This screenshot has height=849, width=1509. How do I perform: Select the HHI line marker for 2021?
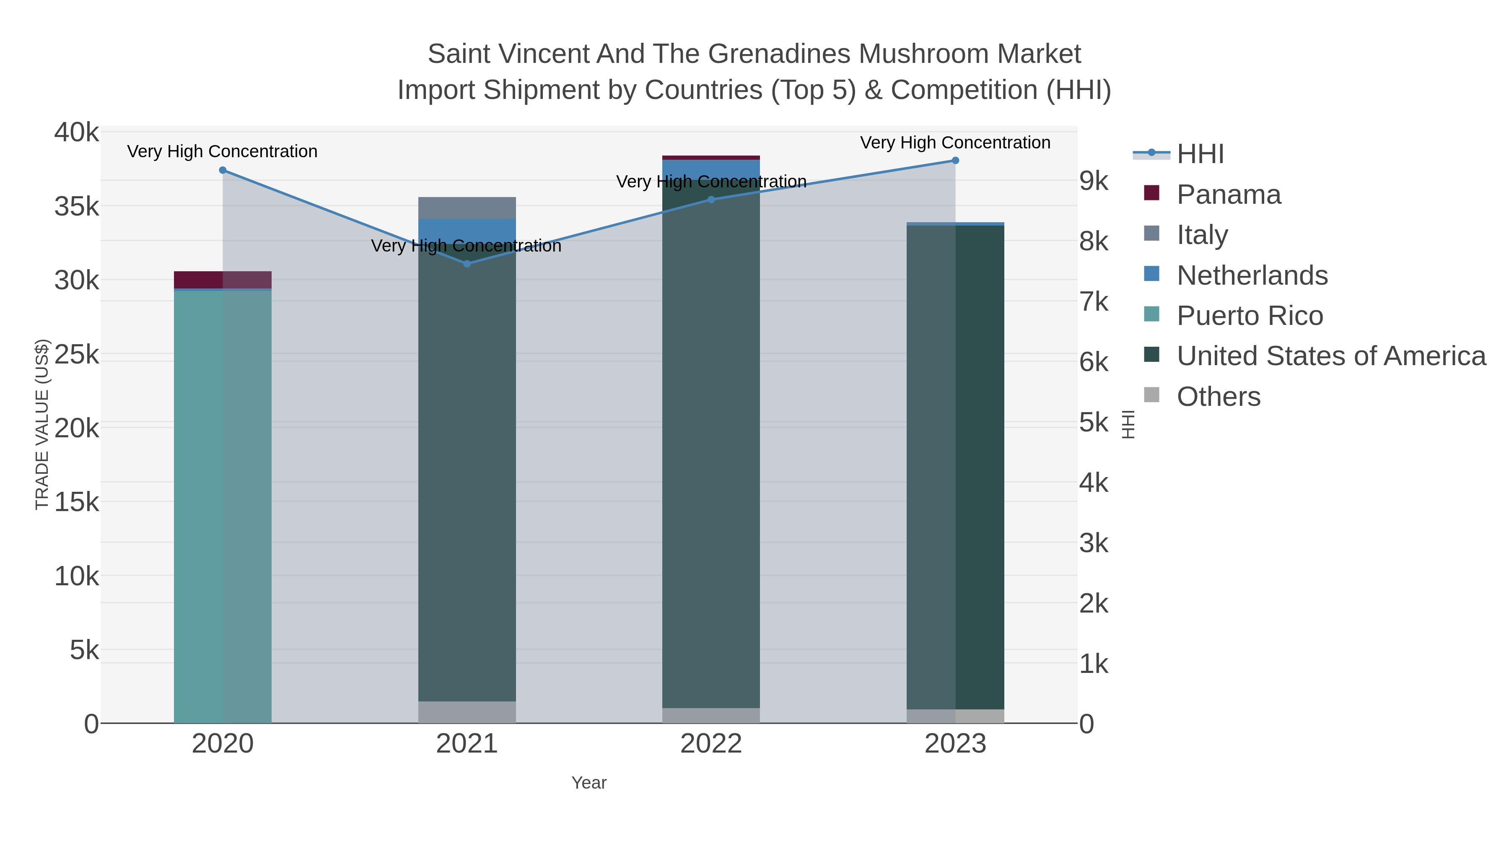[467, 264]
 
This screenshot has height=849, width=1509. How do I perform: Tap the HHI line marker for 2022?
[711, 200]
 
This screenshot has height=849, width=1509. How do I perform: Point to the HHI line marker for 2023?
[955, 161]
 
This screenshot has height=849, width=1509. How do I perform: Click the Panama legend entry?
[1229, 195]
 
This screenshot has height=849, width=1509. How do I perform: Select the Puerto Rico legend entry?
[1250, 316]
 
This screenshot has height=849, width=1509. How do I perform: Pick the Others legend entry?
[1219, 397]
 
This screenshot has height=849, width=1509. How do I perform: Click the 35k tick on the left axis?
[77, 207]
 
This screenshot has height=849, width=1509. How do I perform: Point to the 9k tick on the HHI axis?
[1094, 181]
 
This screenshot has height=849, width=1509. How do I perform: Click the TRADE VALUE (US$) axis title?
[42, 424]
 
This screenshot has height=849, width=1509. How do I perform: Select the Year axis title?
[589, 783]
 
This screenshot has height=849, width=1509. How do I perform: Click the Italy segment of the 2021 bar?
[467, 208]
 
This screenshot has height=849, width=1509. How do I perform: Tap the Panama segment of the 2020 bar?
[223, 280]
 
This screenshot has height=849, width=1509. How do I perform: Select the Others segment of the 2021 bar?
[467, 712]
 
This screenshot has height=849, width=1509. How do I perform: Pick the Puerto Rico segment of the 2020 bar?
[223, 504]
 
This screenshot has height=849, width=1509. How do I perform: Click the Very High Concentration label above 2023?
[955, 143]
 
